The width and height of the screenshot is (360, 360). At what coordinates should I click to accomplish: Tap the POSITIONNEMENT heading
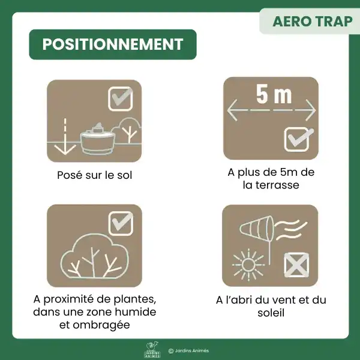tap(113, 44)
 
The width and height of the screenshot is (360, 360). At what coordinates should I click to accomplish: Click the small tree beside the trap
tap(128, 130)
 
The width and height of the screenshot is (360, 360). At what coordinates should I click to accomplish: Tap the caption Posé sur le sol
tap(94, 176)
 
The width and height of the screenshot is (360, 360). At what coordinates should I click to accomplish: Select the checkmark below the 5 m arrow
tap(298, 139)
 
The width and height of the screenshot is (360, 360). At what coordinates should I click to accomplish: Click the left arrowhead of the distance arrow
tap(232, 110)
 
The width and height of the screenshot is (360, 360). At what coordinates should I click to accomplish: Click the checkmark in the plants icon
tap(121, 223)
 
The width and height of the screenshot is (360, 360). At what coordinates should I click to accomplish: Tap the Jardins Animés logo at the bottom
tap(153, 351)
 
